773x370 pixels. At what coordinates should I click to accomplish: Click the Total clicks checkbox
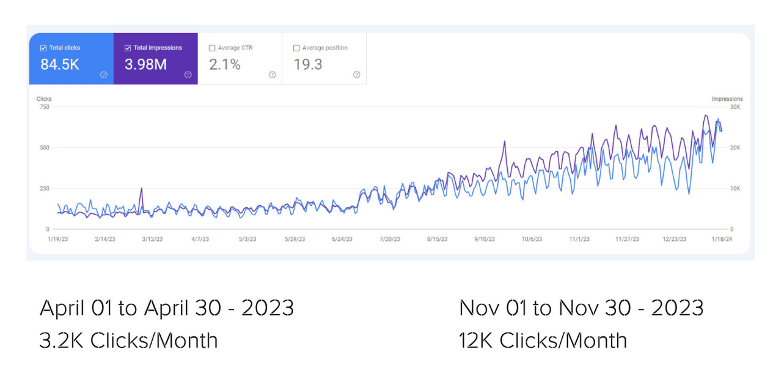pos(43,48)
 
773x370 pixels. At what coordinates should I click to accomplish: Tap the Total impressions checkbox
pos(128,48)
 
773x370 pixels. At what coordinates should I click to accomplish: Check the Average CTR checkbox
pos(212,48)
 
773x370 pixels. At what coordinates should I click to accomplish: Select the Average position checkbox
pos(296,48)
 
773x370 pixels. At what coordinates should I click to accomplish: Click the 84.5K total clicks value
pos(60,64)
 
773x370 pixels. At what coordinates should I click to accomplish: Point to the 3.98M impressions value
pos(145,64)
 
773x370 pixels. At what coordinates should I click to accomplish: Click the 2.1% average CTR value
pos(225,64)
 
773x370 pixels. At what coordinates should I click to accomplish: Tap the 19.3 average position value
pos(308,64)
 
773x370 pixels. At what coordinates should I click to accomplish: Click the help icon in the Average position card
pos(356,75)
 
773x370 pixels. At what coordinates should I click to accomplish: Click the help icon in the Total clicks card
pos(103,75)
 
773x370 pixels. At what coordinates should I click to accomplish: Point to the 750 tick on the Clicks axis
pos(43,107)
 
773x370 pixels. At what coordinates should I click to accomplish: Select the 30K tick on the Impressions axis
pos(735,107)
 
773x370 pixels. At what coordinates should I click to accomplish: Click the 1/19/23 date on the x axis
pos(57,239)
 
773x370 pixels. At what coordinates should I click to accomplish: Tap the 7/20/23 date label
pos(389,239)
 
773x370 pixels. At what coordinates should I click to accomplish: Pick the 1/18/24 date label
pos(721,239)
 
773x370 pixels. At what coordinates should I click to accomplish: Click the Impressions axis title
pos(727,98)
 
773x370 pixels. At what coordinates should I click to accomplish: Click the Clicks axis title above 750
pos(44,98)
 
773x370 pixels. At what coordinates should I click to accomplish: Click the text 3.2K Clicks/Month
pos(128,340)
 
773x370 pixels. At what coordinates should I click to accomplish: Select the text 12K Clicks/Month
pos(543,340)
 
